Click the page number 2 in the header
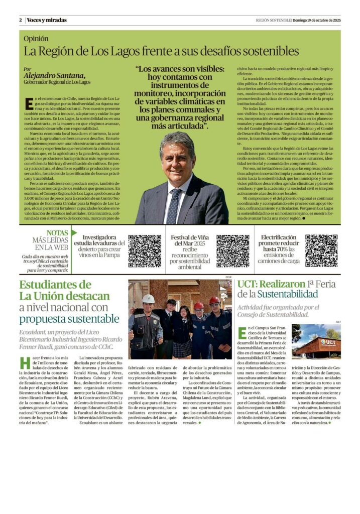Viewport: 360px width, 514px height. [21, 20]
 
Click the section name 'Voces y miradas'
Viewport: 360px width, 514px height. [47, 20]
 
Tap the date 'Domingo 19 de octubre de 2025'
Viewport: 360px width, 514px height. [317, 20]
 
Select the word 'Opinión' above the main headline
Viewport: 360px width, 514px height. [37, 38]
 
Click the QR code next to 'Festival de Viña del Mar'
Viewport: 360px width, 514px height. [232, 250]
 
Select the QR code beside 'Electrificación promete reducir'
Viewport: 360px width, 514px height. [321, 250]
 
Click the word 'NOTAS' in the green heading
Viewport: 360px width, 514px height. [57, 233]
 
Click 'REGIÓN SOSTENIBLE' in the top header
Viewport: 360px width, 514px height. [273, 20]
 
